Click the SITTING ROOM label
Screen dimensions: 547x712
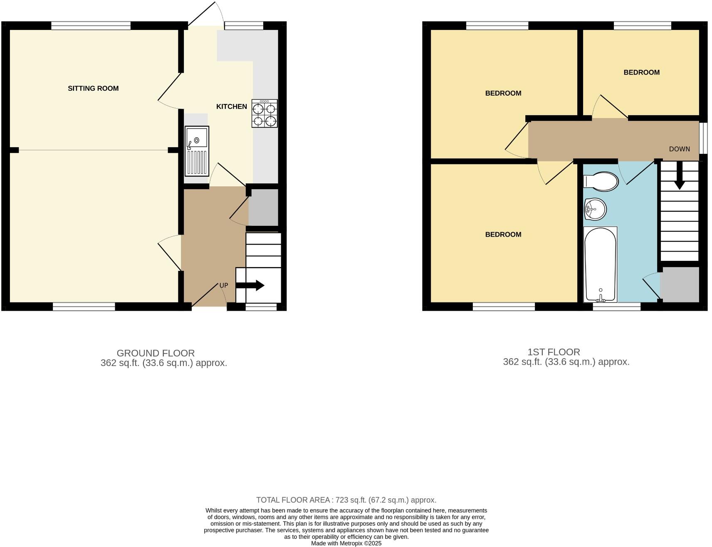93,88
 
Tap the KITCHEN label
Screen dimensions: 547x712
231,106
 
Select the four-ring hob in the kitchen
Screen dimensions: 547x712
265,114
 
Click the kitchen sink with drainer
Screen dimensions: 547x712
197,151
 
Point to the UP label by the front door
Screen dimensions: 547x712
224,285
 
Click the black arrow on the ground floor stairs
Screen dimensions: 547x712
250,285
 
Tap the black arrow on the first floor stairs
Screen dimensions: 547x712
679,175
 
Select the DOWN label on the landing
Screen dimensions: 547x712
679,149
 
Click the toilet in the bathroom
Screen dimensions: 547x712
601,181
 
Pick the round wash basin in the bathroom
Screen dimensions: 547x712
595,209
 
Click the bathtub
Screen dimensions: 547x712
600,264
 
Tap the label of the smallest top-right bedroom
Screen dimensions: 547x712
641,72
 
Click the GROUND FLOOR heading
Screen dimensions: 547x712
156,353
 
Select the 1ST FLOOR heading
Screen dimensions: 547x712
554,352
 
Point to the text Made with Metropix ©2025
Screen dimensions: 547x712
346,543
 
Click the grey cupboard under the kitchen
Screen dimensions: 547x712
263,207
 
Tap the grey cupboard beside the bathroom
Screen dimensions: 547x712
680,285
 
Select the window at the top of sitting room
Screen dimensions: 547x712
91,26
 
